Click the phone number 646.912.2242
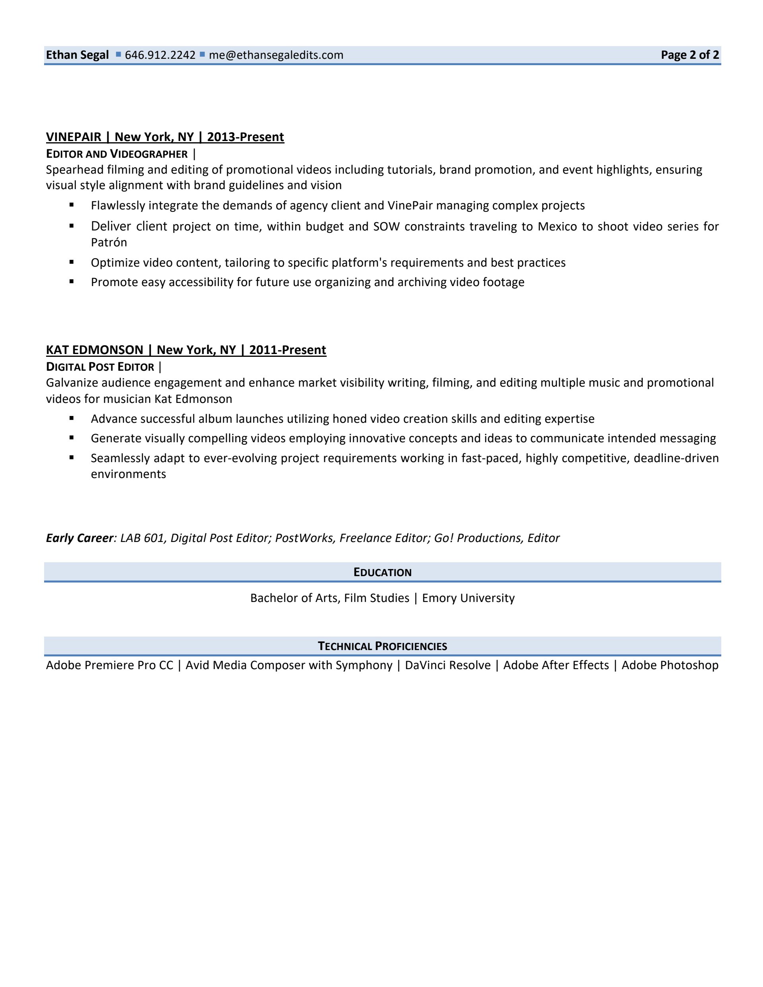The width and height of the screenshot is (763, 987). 160,55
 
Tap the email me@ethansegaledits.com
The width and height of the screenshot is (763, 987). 276,55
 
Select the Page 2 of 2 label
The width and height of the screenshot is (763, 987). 690,55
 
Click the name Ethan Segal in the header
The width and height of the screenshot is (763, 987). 77,55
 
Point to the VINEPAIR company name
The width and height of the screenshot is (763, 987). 74,137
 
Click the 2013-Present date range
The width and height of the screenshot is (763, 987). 246,137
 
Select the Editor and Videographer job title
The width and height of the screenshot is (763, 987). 116,154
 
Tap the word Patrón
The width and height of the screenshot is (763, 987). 109,242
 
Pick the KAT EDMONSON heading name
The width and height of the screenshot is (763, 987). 95,350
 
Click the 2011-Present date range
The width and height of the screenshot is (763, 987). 287,350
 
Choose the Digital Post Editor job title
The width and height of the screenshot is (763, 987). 100,367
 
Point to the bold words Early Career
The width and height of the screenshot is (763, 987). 79,538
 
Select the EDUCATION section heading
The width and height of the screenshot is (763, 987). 382,573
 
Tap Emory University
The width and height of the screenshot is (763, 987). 468,598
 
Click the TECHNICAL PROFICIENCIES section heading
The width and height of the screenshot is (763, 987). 382,646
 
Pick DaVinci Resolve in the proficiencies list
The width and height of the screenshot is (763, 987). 447,665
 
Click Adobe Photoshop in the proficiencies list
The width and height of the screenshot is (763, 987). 670,665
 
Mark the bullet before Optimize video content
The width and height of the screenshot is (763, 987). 72,262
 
